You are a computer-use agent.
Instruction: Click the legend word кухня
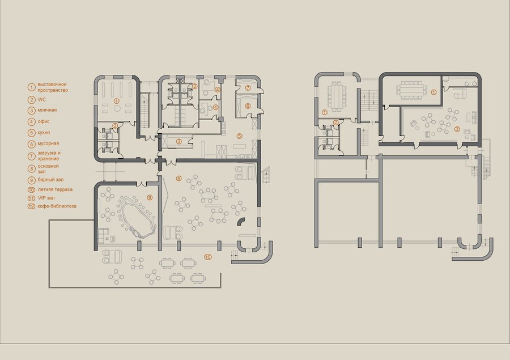pyautogui.click(x=44, y=133)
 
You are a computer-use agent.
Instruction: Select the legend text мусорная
pyautogui.click(x=48, y=143)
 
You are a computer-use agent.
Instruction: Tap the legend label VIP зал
pyautogui.click(x=46, y=198)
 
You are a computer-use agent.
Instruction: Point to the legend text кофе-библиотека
pyautogui.click(x=57, y=206)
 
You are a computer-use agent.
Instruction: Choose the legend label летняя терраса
pyautogui.click(x=55, y=189)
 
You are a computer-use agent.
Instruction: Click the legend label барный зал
pyautogui.click(x=50, y=180)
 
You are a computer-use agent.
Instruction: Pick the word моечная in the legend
pyautogui.click(x=47, y=110)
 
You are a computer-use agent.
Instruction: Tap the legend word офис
pyautogui.click(x=44, y=121)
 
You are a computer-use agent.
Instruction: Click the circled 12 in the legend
pyautogui.click(x=32, y=206)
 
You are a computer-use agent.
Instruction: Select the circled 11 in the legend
pyautogui.click(x=32, y=198)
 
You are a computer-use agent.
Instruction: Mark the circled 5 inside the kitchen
pyautogui.click(x=240, y=135)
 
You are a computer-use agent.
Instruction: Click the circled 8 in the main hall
pyautogui.click(x=178, y=178)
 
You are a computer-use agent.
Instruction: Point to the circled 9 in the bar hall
pyautogui.click(x=150, y=197)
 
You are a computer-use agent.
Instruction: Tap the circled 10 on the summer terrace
pyautogui.click(x=208, y=257)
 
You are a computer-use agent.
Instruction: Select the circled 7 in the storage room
pyautogui.click(x=248, y=87)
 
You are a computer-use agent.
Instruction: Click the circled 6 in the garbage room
pyautogui.click(x=248, y=106)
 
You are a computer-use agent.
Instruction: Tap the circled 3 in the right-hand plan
pyautogui.click(x=457, y=129)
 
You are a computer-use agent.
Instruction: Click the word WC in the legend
pyautogui.click(x=41, y=100)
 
